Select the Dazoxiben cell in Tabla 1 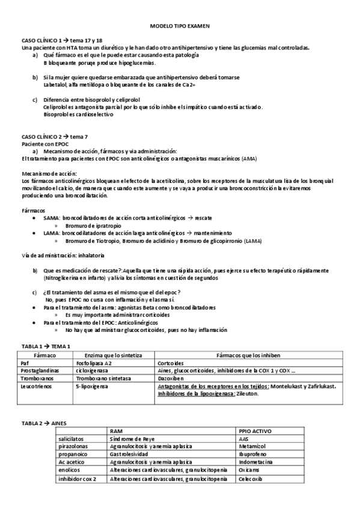[x=171, y=378]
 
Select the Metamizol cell [x=252, y=447]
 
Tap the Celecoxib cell [x=252, y=479]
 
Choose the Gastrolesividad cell [x=130, y=455]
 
